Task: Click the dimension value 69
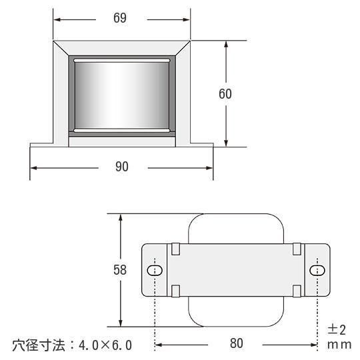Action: [120, 18]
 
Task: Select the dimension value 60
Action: [225, 94]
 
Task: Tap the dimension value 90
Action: [122, 167]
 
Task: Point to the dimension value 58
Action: [120, 270]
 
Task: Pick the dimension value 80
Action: [237, 343]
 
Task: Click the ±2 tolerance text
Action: [337, 330]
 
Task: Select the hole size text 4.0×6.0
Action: [105, 345]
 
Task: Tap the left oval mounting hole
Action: [155, 271]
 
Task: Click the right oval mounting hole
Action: [317, 270]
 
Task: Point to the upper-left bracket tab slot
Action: [175, 249]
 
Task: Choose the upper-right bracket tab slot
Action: [297, 249]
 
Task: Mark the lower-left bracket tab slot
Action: [175, 291]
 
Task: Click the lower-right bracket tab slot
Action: [297, 291]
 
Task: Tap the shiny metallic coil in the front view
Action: [122, 95]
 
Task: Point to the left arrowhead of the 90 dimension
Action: [34, 168]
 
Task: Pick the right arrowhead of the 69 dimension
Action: [186, 20]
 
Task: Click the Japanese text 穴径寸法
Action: [39, 345]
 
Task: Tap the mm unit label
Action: [339, 345]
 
